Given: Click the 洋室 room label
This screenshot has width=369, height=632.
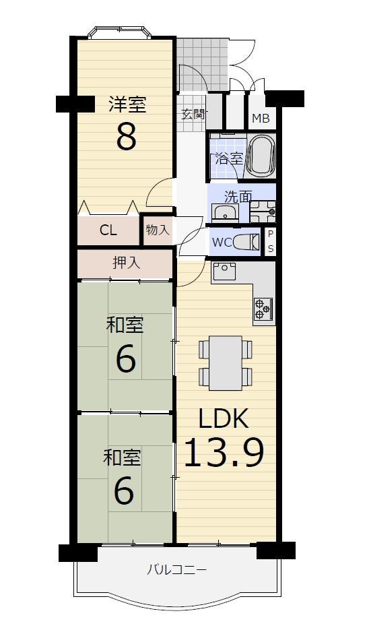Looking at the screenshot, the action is click(127, 104).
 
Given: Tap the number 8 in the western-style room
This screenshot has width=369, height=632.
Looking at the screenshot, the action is click(127, 137).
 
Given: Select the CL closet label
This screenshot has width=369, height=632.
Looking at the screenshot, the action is click(108, 230).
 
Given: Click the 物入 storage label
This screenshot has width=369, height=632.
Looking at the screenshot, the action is click(158, 230).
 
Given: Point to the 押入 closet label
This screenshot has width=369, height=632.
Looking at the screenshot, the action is click(126, 263).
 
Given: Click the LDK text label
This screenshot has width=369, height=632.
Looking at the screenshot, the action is click(223, 419).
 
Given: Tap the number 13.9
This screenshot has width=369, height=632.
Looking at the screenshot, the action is click(224, 453).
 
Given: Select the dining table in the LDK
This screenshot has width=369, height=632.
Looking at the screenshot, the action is click(226, 363).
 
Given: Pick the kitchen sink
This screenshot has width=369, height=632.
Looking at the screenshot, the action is click(224, 271).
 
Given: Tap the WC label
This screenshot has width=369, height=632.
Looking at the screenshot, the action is click(222, 243).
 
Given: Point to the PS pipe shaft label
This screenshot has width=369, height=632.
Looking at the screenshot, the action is click(271, 241).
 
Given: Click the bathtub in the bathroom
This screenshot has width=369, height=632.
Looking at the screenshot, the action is click(261, 156).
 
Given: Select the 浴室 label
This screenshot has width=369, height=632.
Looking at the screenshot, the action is click(229, 158).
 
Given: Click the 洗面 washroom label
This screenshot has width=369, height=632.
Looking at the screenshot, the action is click(238, 197).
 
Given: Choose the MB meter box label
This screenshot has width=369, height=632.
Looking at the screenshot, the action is click(261, 119).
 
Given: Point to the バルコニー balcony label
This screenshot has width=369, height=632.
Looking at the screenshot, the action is click(176, 570).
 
